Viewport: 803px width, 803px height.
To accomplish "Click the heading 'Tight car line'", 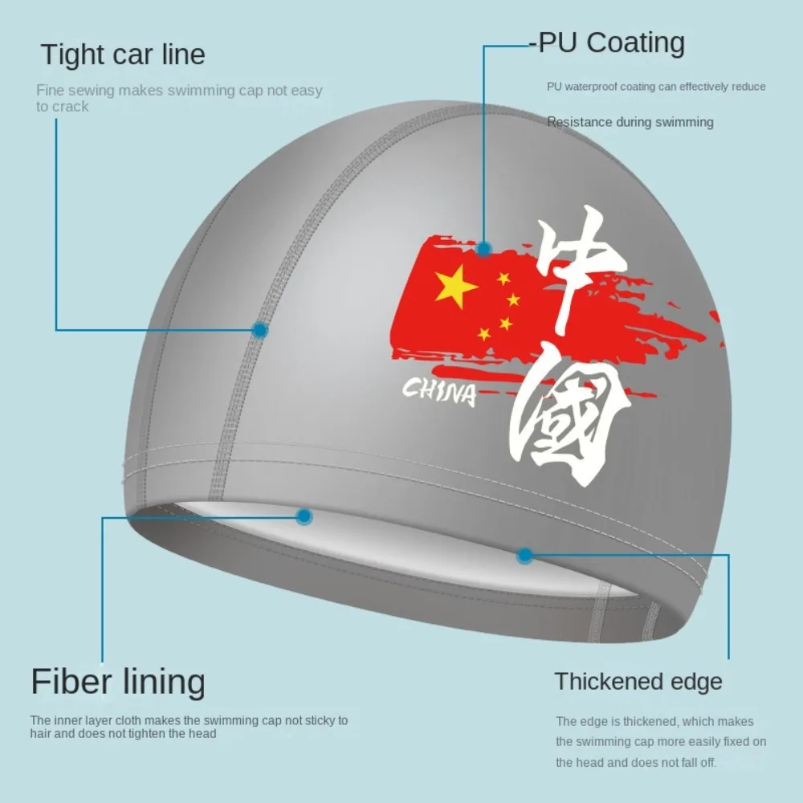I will (123, 55).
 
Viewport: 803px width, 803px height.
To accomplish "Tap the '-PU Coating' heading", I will (607, 43).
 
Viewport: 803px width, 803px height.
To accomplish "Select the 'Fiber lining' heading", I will (118, 682).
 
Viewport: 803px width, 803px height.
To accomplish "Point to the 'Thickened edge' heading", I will (638, 682).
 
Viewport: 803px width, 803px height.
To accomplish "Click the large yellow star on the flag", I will (456, 287).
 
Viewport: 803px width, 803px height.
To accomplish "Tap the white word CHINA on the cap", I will (439, 393).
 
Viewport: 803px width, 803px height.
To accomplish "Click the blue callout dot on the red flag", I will (483, 248).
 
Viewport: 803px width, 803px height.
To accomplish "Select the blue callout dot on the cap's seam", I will (259, 329).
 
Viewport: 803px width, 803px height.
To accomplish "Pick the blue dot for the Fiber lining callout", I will (304, 516).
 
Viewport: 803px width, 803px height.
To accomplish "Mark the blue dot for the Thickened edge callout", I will (525, 554).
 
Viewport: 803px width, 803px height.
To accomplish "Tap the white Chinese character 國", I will (572, 418).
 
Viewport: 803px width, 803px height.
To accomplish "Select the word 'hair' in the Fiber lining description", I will (43, 733).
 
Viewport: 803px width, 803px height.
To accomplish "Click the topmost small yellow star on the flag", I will (503, 279).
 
